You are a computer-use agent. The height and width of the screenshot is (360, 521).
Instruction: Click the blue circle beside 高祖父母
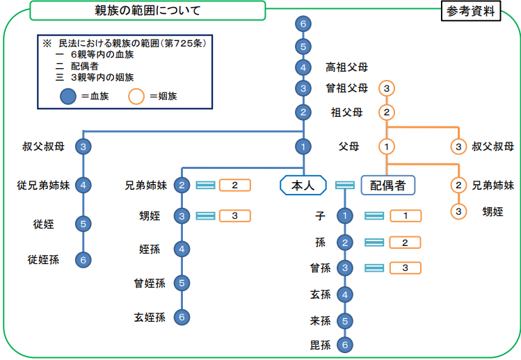point(303,67)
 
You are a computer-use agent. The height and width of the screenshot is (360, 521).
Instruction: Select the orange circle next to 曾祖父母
point(387,88)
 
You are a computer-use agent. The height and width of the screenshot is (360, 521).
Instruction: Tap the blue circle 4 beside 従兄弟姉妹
point(83,185)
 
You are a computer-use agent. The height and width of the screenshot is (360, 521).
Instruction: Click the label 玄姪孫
point(150,317)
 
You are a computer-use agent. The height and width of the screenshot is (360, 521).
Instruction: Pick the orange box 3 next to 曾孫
point(406,268)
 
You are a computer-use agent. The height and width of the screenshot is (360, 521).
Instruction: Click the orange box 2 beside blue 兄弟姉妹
point(235,185)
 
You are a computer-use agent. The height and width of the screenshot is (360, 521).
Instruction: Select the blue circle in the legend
point(66,96)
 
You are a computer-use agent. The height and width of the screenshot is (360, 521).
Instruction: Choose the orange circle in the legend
point(136,96)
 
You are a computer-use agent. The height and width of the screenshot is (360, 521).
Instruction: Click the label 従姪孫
point(43,260)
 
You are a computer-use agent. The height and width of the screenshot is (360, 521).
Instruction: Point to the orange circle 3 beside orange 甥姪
point(458,211)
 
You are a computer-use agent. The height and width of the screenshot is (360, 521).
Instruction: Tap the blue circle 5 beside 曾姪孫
point(182,283)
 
